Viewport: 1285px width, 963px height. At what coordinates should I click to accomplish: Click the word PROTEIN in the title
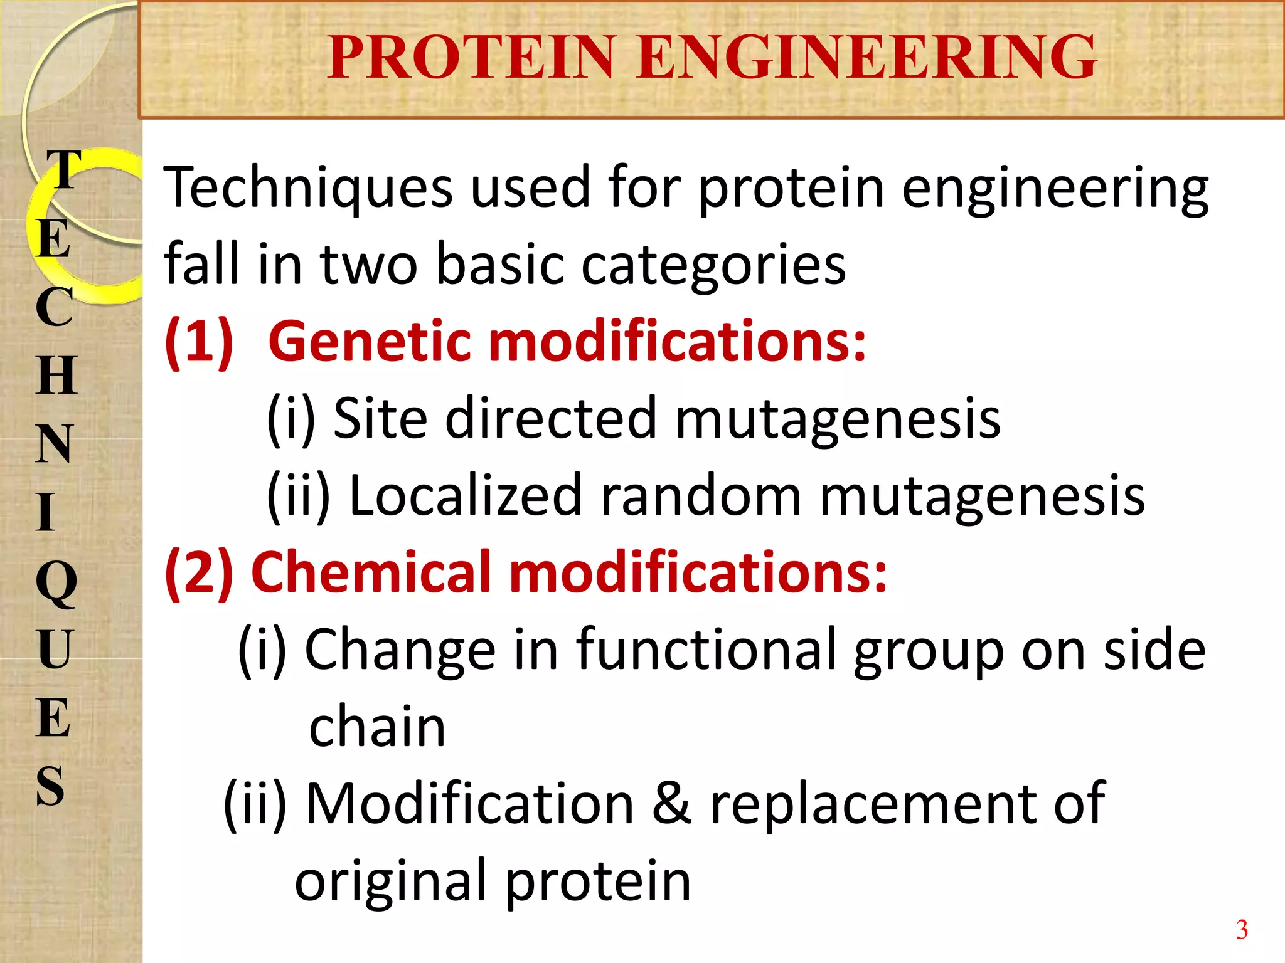pos(471,58)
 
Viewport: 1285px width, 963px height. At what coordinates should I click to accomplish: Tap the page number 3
pos(1242,930)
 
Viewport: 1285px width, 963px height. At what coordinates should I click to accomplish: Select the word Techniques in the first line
pos(307,188)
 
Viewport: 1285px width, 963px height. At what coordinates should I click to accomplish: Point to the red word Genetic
pos(370,342)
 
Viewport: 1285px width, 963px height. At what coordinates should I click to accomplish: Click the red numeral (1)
pos(199,342)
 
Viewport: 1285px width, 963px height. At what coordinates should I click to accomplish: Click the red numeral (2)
pos(199,572)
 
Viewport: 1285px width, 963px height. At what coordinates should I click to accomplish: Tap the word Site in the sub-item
pos(380,418)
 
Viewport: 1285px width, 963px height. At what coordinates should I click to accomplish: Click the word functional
pos(706,650)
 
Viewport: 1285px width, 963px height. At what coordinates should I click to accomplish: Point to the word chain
pos(377,727)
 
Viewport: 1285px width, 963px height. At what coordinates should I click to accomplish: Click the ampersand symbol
pos(672,804)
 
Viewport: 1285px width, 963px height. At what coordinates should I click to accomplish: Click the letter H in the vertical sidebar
pos(56,375)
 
